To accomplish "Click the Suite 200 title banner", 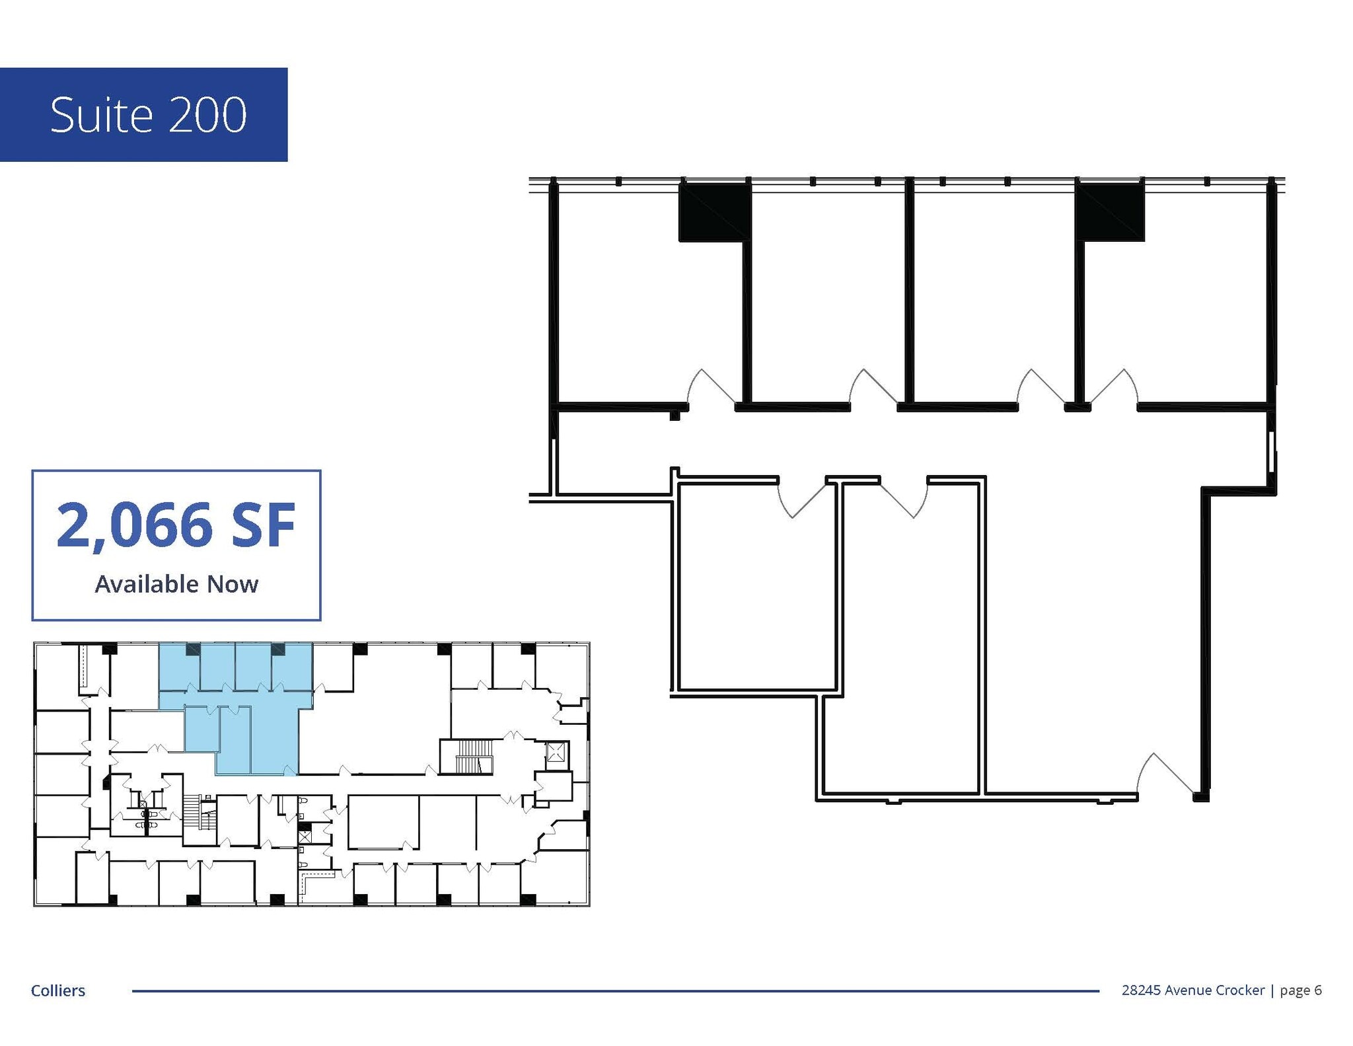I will [143, 114].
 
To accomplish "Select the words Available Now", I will [176, 584].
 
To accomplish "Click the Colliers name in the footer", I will [58, 990].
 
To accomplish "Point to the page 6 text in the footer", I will [1300, 990].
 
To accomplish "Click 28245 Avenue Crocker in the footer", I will [1192, 990].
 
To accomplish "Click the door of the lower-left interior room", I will [802, 499].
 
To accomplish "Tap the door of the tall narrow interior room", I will [904, 499].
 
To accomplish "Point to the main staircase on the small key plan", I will [471, 757].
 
